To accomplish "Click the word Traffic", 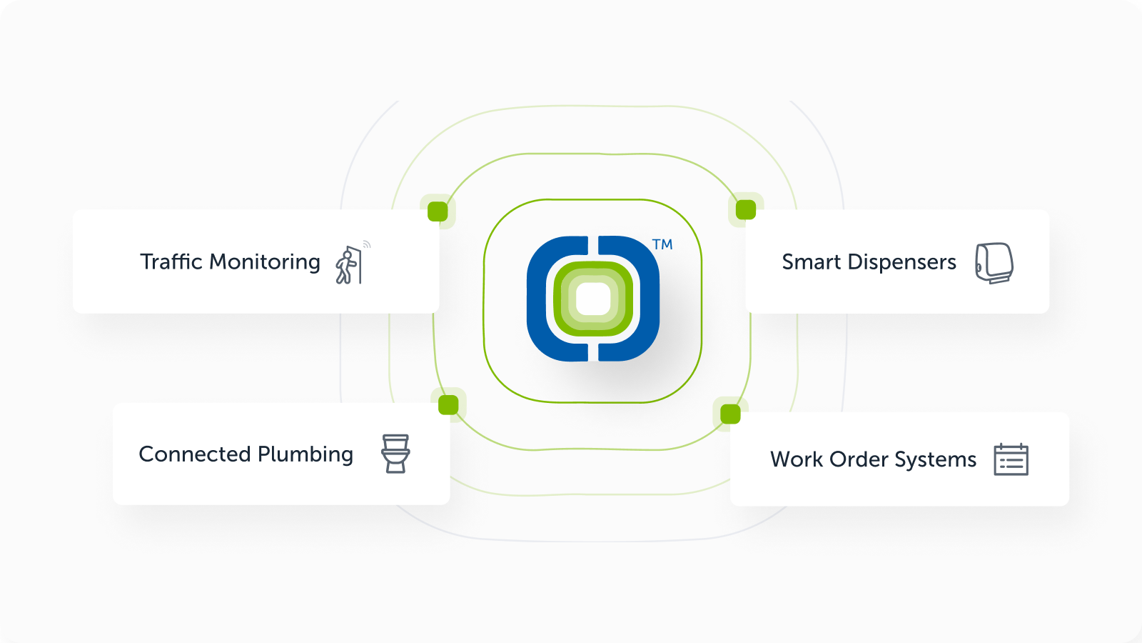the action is tap(171, 261).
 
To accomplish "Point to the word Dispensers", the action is tap(901, 262).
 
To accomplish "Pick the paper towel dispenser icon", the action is tap(994, 263).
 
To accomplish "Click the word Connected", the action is tap(194, 454).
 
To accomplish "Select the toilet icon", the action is tap(395, 454).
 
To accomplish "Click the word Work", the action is tap(797, 459).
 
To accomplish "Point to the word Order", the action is tap(859, 459).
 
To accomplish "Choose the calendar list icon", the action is tap(1011, 460).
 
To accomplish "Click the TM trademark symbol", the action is tap(662, 245).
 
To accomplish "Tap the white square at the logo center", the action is tap(593, 299).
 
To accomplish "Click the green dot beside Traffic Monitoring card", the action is tap(438, 211).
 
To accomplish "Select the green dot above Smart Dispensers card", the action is tap(746, 209).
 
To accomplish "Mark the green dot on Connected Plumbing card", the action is tap(449, 405).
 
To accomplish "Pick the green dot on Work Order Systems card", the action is tap(731, 414).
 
